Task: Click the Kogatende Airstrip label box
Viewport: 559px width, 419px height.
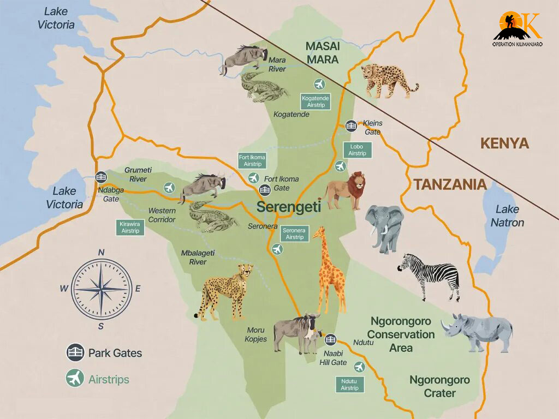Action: point(316,101)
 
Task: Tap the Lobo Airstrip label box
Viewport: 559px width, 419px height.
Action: point(357,150)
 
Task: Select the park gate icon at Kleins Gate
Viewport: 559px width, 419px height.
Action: point(351,126)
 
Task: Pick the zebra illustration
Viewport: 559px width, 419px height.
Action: point(430,276)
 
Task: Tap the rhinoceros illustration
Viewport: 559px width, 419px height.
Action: point(478,332)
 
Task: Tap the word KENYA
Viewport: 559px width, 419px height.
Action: point(504,143)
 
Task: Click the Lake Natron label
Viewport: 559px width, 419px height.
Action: point(507,216)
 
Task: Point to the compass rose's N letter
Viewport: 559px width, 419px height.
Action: point(101,252)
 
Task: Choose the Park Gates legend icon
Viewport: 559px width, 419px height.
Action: point(75,352)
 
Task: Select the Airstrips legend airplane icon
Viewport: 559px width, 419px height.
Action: point(75,378)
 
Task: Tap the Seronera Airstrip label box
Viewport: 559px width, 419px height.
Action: point(295,234)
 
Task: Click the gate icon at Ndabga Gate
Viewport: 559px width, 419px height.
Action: point(100,177)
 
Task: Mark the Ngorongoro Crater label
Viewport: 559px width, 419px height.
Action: point(439,386)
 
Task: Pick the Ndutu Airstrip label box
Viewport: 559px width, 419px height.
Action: point(349,384)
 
